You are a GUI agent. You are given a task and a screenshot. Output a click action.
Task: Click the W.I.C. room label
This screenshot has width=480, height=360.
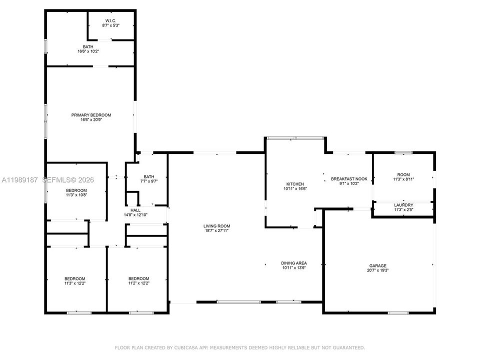click(x=111, y=21)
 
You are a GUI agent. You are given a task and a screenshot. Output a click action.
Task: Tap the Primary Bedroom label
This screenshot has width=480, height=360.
click(x=91, y=115)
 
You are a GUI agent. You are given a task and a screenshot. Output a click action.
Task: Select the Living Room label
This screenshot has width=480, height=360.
click(x=216, y=226)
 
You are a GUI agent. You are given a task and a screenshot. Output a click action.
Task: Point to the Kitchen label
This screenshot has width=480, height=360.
click(x=295, y=184)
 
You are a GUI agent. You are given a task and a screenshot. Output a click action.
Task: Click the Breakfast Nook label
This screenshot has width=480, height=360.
click(x=349, y=179)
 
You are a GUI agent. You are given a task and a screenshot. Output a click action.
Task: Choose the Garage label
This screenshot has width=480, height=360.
click(x=378, y=265)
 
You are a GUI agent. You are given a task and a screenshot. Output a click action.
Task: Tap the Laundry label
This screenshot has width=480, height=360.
click(x=404, y=205)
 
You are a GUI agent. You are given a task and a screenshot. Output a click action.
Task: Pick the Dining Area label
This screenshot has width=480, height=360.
click(x=294, y=263)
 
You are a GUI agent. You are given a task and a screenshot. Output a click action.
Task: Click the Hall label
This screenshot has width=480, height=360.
click(x=135, y=210)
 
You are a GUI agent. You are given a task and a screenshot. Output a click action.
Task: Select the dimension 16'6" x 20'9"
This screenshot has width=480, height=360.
click(x=91, y=119)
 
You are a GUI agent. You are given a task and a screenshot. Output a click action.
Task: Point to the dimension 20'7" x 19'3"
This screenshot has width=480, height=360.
click(x=378, y=270)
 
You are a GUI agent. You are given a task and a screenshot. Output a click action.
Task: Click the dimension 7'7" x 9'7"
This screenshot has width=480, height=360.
click(x=149, y=181)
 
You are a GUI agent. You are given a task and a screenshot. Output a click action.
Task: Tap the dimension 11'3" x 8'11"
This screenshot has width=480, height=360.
click(x=403, y=179)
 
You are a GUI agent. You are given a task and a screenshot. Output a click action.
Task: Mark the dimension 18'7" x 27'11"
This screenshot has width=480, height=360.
click(x=216, y=231)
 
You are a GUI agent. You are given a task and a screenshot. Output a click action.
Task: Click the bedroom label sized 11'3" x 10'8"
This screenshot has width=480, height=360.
click(x=76, y=190)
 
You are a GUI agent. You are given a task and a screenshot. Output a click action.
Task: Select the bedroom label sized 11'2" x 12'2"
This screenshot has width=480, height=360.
click(x=138, y=278)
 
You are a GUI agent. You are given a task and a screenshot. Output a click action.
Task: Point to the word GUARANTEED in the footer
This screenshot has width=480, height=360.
click(x=349, y=348)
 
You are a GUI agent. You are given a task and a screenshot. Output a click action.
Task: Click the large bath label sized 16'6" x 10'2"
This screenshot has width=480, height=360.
click(x=88, y=47)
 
